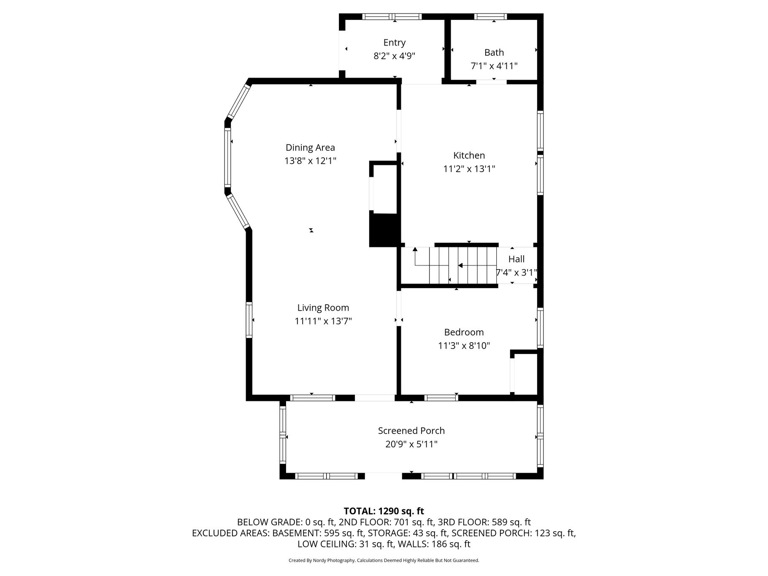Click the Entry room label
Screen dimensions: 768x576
click(x=395, y=43)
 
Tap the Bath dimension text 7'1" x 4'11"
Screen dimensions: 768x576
click(x=494, y=66)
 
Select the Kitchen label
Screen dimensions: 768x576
click(x=469, y=155)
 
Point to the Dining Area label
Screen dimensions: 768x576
click(x=310, y=148)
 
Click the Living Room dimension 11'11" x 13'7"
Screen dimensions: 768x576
click(x=323, y=321)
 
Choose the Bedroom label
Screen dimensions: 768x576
click(x=464, y=332)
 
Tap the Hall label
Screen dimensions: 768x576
click(x=517, y=259)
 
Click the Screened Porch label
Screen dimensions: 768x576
click(x=411, y=431)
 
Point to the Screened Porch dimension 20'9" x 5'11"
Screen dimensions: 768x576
click(x=411, y=444)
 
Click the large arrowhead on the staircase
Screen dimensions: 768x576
click(x=460, y=265)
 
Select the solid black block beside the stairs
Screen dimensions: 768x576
click(x=384, y=230)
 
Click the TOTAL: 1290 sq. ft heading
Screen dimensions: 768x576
click(x=384, y=511)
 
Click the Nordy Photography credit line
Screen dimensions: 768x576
click(x=384, y=560)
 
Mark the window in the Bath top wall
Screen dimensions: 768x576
click(x=490, y=17)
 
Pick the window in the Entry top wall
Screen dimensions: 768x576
click(x=392, y=17)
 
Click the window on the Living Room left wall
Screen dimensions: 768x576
click(x=249, y=320)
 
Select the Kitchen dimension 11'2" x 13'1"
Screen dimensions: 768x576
click(x=469, y=169)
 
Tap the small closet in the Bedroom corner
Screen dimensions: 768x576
click(x=524, y=373)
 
